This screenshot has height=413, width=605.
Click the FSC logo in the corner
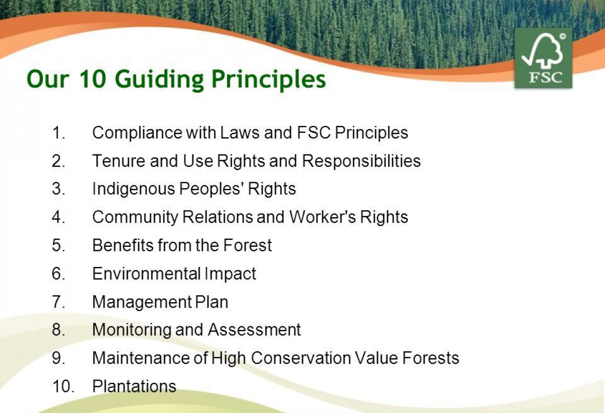coord(543,58)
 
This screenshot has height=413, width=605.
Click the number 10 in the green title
coord(92,79)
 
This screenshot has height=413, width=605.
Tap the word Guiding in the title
coord(159,80)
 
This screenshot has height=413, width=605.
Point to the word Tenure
coord(119,161)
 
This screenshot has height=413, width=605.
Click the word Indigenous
coord(134,189)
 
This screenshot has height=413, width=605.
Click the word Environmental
coord(146,273)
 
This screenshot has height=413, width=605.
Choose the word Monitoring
coord(132,330)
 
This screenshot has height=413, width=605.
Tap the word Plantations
coord(134,386)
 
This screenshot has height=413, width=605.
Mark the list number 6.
coord(58,273)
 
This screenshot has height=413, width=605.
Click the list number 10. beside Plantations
coord(63,386)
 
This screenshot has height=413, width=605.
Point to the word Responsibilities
coord(361,161)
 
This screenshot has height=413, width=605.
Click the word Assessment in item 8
coord(255,330)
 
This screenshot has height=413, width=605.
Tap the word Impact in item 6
coord(230,274)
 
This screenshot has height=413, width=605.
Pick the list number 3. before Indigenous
coord(58,188)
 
